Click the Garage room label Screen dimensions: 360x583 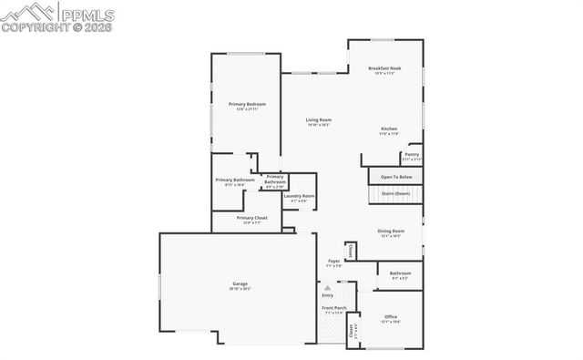pyautogui.click(x=240, y=284)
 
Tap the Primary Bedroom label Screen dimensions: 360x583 pyautogui.click(x=247, y=105)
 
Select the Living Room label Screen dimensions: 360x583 pyautogui.click(x=318, y=120)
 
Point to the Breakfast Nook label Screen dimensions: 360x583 pyautogui.click(x=385, y=68)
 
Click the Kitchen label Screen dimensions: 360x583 pyautogui.click(x=389, y=129)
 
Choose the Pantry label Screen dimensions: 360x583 pyautogui.click(x=412, y=155)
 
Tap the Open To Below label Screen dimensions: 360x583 pyautogui.click(x=396, y=176)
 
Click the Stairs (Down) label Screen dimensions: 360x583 pyautogui.click(x=395, y=193)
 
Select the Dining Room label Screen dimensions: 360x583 pyautogui.click(x=391, y=231)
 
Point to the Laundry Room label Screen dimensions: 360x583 pyautogui.click(x=299, y=196)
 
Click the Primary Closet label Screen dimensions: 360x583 pyautogui.click(x=251, y=218)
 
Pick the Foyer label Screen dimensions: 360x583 pyautogui.click(x=334, y=262)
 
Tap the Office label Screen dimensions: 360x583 pyautogui.click(x=391, y=317)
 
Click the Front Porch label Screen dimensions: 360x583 pyautogui.click(x=333, y=309)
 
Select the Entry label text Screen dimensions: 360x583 pyautogui.click(x=328, y=295)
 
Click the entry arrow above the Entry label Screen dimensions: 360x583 pyautogui.click(x=328, y=286)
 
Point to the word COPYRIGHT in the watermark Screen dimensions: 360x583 pyautogui.click(x=34, y=26)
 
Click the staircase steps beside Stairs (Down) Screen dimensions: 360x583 pyautogui.click(x=375, y=194)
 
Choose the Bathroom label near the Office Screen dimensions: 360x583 pyautogui.click(x=400, y=273)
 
